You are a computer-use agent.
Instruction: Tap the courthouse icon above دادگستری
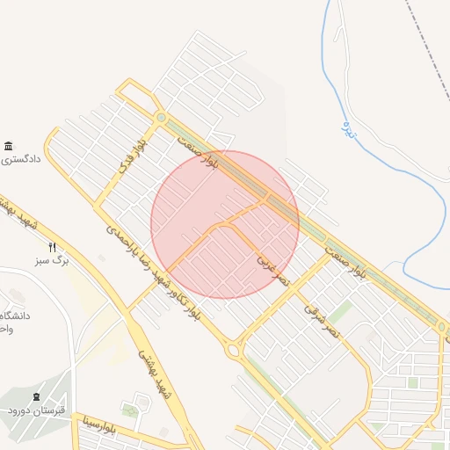[x=9, y=146]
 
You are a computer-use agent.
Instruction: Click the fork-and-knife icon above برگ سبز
[x=53, y=247]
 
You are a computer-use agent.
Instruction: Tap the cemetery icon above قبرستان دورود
[x=36, y=397]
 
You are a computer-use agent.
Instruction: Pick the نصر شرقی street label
[x=321, y=321]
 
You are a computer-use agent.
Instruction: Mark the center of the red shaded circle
[x=225, y=224]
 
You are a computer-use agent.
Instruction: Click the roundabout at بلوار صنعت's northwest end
[x=161, y=117]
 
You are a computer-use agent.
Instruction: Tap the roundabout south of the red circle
[x=235, y=350]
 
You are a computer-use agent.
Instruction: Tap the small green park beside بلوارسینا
[x=131, y=410]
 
